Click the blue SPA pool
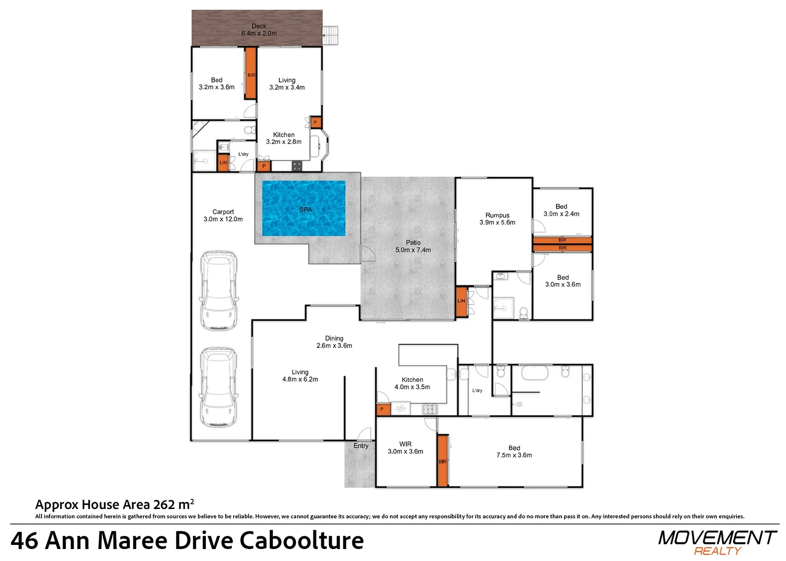[x=304, y=208]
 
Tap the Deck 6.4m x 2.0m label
[x=259, y=30]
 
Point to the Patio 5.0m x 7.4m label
[x=413, y=246]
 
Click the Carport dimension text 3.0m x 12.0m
[x=223, y=219]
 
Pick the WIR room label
[x=405, y=444]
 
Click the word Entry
[x=361, y=446]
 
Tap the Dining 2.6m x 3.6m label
[x=334, y=342]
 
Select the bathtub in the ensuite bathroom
[x=535, y=373]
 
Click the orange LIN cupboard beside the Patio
[x=462, y=302]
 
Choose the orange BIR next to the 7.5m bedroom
[x=442, y=461]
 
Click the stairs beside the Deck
[x=330, y=35]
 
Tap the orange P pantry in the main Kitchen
[x=383, y=409]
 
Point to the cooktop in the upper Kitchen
[x=297, y=166]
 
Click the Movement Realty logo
[x=717, y=542]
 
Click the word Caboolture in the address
[x=302, y=541]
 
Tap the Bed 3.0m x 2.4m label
[x=561, y=210]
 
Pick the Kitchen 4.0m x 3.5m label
[x=412, y=383]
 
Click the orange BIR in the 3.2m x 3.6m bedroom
[x=251, y=73]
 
